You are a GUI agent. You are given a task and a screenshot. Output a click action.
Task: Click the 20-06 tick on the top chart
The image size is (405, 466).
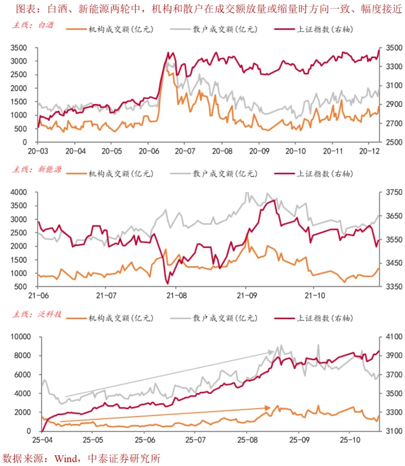tap(149, 151)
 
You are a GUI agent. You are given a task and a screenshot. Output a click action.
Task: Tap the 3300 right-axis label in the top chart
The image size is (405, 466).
tap(394, 67)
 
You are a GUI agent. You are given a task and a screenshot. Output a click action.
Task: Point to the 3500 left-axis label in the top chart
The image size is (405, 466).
tap(19, 48)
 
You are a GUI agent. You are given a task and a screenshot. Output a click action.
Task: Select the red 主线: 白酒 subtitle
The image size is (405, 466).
tap(33, 25)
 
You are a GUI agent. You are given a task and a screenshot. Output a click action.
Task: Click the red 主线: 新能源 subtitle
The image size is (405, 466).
tap(37, 170)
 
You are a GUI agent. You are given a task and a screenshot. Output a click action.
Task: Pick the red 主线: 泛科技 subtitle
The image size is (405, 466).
tap(37, 314)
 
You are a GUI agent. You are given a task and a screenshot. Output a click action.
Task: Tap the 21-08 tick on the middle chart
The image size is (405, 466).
tap(176, 296)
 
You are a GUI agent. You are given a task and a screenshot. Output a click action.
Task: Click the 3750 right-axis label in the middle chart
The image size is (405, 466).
tap(394, 192)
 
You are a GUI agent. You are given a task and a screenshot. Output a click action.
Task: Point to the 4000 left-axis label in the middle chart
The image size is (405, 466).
tap(19, 192)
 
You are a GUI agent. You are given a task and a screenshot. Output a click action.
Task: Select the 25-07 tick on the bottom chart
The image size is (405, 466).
tap(195, 440)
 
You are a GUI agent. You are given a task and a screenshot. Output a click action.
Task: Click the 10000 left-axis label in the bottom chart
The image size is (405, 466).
tap(21, 337)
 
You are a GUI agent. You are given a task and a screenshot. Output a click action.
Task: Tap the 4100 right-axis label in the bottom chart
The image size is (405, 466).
tap(394, 337)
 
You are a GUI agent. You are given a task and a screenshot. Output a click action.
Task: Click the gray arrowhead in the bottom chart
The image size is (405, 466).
tap(271, 352)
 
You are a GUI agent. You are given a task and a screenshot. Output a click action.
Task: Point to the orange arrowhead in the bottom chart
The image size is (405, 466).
tap(267, 408)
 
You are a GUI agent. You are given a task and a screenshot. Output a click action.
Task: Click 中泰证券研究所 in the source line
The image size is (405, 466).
tap(124, 459)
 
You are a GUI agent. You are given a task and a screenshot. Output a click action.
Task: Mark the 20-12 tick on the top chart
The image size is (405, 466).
tap(369, 151)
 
